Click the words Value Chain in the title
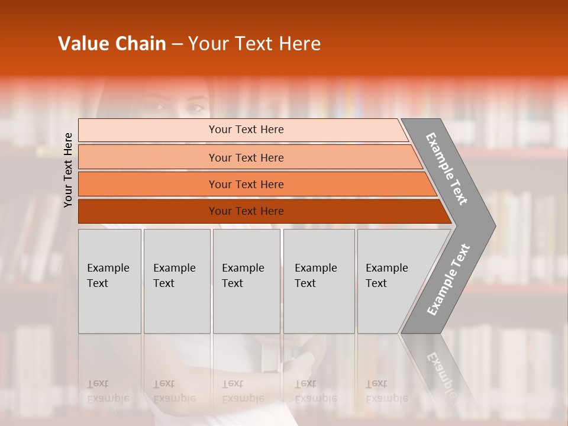point(112,44)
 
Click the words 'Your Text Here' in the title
point(254,44)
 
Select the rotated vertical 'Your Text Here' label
point(69,170)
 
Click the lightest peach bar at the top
point(246,130)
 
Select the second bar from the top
point(246,157)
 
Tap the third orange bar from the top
point(246,184)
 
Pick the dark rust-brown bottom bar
point(246,211)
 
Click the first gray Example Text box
point(109,281)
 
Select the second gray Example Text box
point(176,281)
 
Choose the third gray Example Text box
point(246,281)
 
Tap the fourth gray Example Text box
point(318,281)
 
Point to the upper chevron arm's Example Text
point(447,169)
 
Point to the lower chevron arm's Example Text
point(448,279)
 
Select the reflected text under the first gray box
point(108,391)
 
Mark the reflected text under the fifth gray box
point(386,391)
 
